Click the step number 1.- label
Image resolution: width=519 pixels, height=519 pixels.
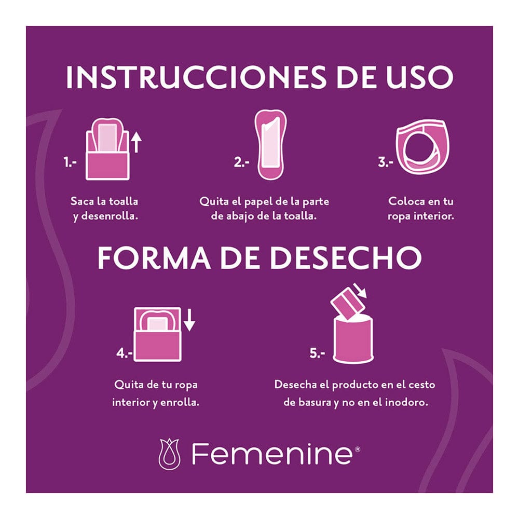70,162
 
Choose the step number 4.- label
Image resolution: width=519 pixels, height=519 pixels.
125,354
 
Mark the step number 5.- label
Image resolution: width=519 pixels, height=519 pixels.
317,354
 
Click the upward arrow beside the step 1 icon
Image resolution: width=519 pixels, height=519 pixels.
136,142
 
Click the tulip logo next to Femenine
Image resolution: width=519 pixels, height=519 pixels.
169,454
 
